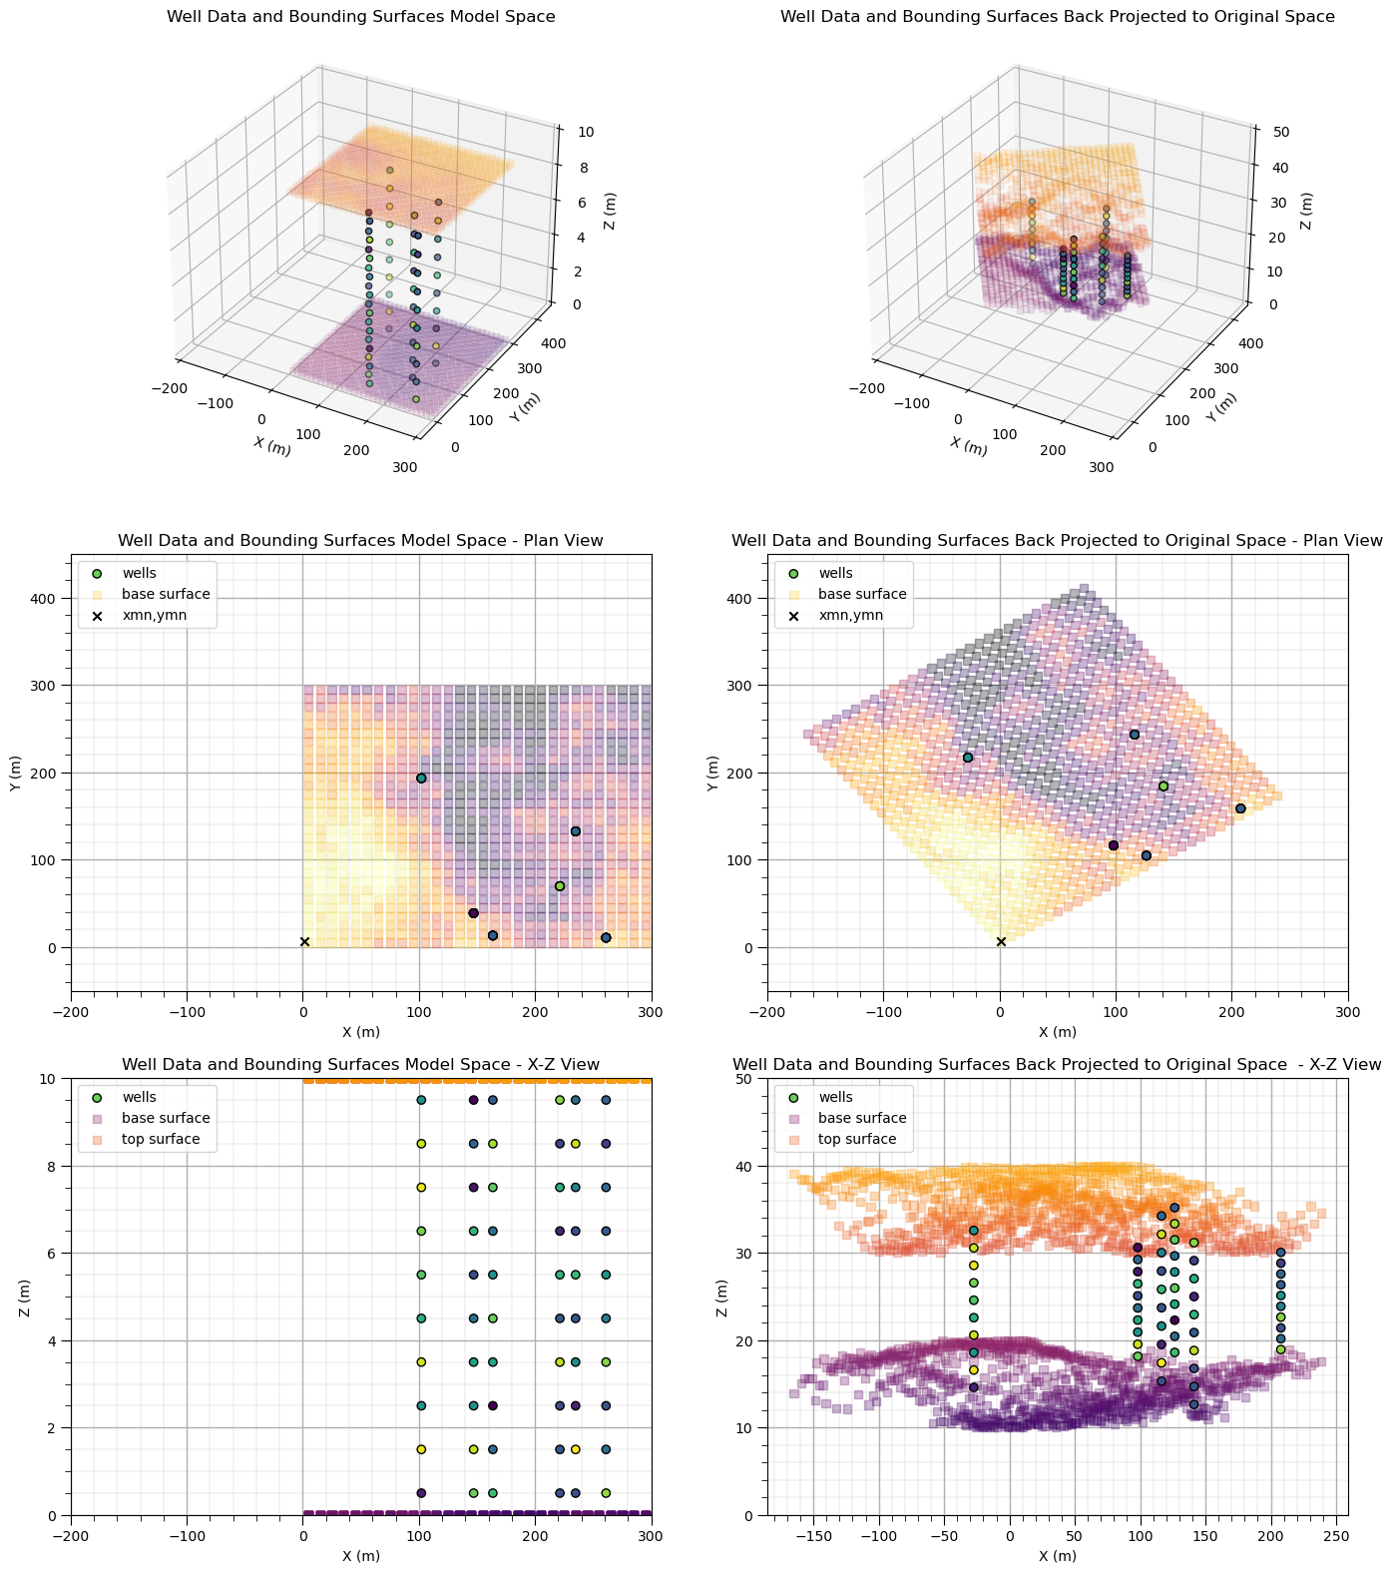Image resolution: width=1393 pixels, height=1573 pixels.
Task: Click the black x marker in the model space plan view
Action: pos(304,941)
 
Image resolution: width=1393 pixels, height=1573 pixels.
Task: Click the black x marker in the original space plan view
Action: pos(1001,941)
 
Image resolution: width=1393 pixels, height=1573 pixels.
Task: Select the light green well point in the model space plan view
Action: pos(560,886)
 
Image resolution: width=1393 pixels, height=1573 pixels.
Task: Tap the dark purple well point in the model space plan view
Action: pos(473,913)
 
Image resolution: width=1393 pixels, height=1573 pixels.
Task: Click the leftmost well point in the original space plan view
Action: pos(967,758)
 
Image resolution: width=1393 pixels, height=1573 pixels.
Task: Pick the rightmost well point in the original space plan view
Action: pos(1240,808)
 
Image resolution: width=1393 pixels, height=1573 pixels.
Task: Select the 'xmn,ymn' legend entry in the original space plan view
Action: pos(851,616)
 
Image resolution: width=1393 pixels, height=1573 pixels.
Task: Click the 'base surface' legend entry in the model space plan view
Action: pos(166,594)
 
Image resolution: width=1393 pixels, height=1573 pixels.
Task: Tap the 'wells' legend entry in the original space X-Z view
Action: pos(835,1097)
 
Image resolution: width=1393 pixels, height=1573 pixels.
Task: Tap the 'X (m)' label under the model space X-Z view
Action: pos(360,1555)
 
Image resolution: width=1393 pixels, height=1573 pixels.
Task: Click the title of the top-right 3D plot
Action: pos(1057,17)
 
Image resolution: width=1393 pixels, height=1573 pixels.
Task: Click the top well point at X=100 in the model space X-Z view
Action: pos(421,1100)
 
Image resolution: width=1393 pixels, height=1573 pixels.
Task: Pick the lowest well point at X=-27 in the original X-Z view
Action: pos(974,1387)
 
